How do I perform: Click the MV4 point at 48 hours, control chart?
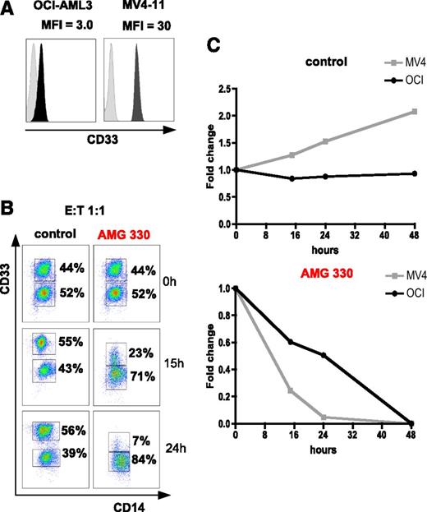click(411, 158)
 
